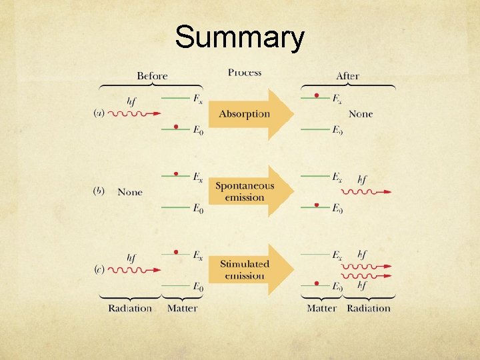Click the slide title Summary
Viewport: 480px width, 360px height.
coord(239,38)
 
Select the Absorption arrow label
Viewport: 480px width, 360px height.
coord(245,114)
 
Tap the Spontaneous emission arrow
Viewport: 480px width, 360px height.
coord(245,191)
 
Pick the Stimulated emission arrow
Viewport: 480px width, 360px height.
coord(245,269)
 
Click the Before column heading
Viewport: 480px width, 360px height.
coord(152,75)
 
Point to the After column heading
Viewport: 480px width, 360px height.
coord(347,76)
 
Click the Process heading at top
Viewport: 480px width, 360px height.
coord(245,72)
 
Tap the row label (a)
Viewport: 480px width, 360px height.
coord(99,113)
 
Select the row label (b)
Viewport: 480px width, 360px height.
coord(99,191)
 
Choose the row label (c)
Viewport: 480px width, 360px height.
coord(99,270)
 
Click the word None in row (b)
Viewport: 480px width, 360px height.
coord(130,192)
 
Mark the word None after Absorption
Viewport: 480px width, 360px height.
coord(361,114)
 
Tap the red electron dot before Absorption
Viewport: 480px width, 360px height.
coord(175,127)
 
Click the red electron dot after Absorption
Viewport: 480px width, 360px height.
coord(317,95)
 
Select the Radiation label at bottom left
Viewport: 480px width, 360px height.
coord(130,308)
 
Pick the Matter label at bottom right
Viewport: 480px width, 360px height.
coord(321,308)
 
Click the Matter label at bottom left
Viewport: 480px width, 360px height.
coord(182,308)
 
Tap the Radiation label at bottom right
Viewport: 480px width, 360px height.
coord(369,308)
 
